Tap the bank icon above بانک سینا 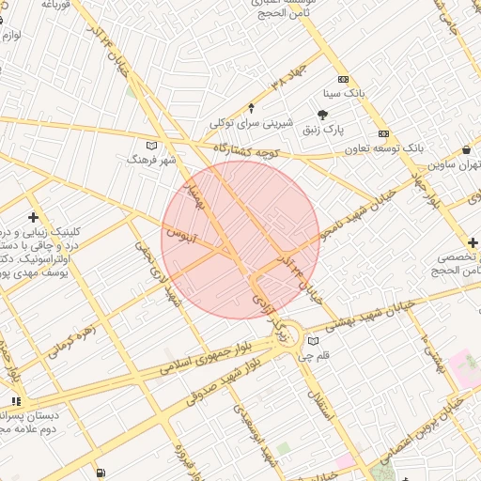[343, 80]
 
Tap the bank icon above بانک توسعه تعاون [383, 133]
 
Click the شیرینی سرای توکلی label [251, 123]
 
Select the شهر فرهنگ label [152, 160]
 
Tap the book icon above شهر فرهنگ [152, 145]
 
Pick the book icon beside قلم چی [314, 341]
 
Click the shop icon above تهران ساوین [467, 150]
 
